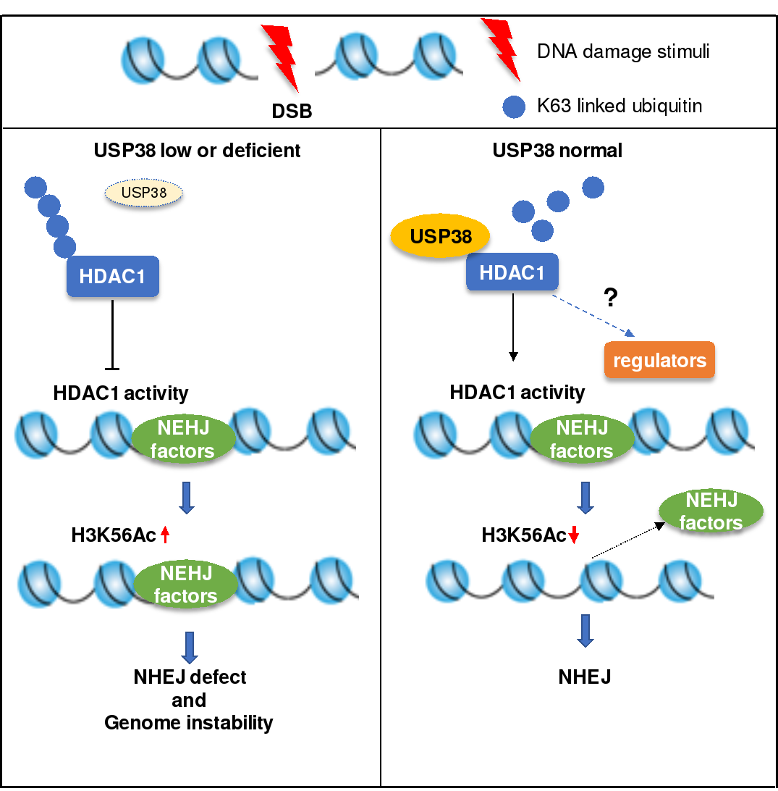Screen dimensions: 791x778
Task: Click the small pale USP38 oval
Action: pyautogui.click(x=143, y=193)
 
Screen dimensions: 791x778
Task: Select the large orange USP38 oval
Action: pyautogui.click(x=440, y=236)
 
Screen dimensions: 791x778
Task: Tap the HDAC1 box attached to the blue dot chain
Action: pyautogui.click(x=113, y=276)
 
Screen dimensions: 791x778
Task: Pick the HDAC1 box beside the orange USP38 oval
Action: pyautogui.click(x=512, y=272)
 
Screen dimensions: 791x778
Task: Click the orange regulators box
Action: pyautogui.click(x=659, y=360)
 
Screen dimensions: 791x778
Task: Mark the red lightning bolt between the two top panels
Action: pyautogui.click(x=281, y=56)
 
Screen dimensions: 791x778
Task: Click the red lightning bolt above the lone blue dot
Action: pyautogui.click(x=502, y=48)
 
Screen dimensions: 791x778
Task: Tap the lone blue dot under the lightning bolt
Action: pyautogui.click(x=514, y=107)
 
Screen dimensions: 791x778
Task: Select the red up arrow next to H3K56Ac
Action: pyautogui.click(x=165, y=535)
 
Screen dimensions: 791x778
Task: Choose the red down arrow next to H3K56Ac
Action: pyautogui.click(x=574, y=535)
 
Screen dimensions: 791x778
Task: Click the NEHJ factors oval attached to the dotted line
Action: pyautogui.click(x=711, y=511)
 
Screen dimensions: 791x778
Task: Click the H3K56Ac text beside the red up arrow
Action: pyautogui.click(x=113, y=535)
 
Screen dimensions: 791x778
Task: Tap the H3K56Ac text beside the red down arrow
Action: pyautogui.click(x=523, y=535)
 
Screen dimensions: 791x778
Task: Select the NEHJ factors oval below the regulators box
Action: pyautogui.click(x=582, y=439)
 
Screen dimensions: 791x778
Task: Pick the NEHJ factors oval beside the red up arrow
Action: pyautogui.click(x=186, y=584)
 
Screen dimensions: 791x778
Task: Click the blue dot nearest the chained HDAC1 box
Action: pyautogui.click(x=64, y=246)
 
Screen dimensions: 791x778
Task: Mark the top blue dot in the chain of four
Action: pyautogui.click(x=35, y=188)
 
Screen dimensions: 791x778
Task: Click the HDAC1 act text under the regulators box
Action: pyautogui.click(x=499, y=393)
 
